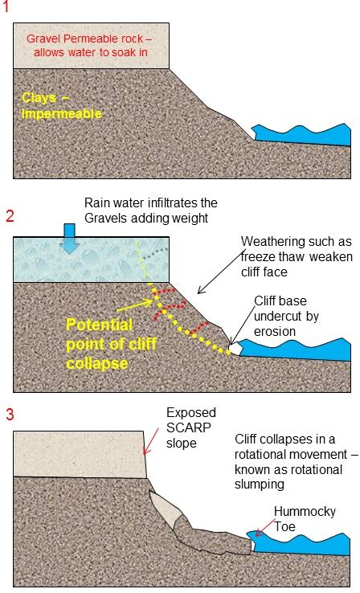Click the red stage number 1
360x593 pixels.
point(6,6)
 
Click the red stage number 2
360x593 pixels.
point(10,216)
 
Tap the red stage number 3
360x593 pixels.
point(10,414)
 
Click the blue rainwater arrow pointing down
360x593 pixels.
point(70,239)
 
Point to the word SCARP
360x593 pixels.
point(189,427)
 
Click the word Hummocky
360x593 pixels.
point(305,511)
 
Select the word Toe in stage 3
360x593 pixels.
point(284,526)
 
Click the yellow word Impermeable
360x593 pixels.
point(62,114)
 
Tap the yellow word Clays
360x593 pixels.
point(39,98)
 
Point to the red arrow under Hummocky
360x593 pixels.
point(265,528)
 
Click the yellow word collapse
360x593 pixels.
point(97,363)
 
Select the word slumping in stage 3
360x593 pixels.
point(260,485)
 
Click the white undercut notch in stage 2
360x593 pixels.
point(235,348)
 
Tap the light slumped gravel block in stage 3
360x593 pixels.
point(166,509)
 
